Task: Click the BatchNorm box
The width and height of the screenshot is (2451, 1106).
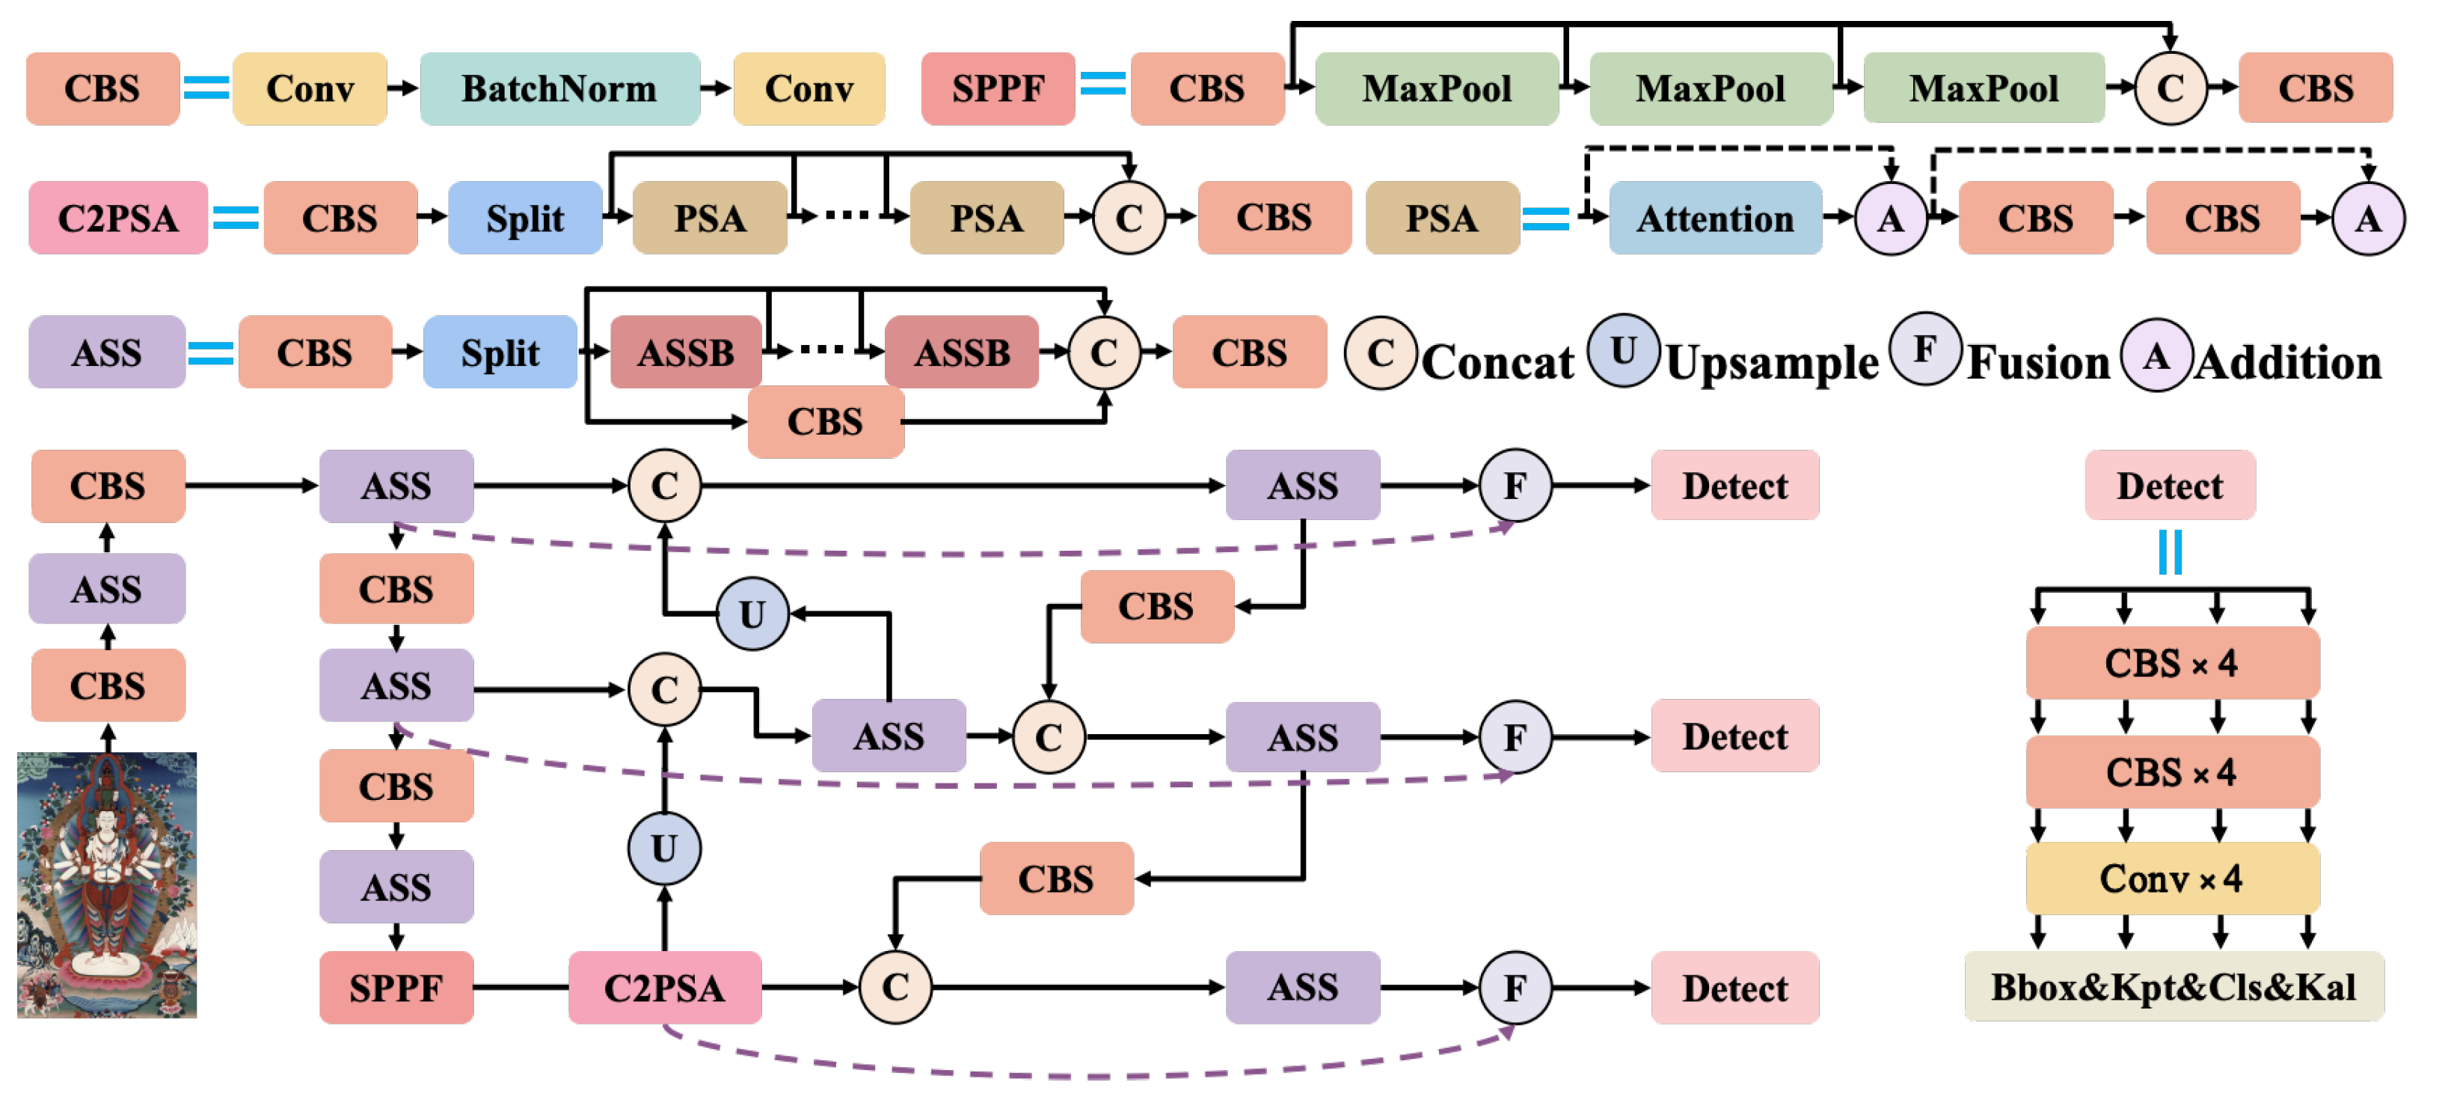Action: tap(559, 88)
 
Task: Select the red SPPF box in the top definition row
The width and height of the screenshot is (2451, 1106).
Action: tap(997, 88)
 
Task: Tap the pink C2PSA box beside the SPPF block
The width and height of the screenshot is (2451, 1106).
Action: tap(664, 987)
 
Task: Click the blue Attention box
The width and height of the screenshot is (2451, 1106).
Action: tap(1714, 218)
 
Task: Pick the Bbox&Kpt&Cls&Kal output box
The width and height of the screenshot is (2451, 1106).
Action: tap(2174, 987)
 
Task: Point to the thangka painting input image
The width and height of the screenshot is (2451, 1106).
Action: tap(106, 885)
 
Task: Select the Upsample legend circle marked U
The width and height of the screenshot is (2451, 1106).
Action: tap(1623, 350)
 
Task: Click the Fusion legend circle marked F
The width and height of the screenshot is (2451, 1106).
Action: tap(1924, 349)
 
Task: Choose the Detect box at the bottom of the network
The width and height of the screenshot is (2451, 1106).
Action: tap(1734, 987)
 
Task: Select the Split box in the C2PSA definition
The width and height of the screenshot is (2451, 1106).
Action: tap(525, 218)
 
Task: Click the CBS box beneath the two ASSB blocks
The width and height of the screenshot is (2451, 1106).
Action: tap(825, 421)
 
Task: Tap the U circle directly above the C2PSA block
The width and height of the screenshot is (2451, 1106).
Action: tap(664, 847)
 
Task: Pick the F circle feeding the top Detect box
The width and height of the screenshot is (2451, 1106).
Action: tap(1515, 486)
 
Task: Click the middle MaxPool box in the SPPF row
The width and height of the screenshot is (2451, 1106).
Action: tap(1710, 88)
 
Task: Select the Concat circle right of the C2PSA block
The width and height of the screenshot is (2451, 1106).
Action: tap(895, 987)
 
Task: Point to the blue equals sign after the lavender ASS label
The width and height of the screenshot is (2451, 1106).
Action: tap(210, 353)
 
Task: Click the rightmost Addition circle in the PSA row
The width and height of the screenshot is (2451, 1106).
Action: tap(2367, 219)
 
